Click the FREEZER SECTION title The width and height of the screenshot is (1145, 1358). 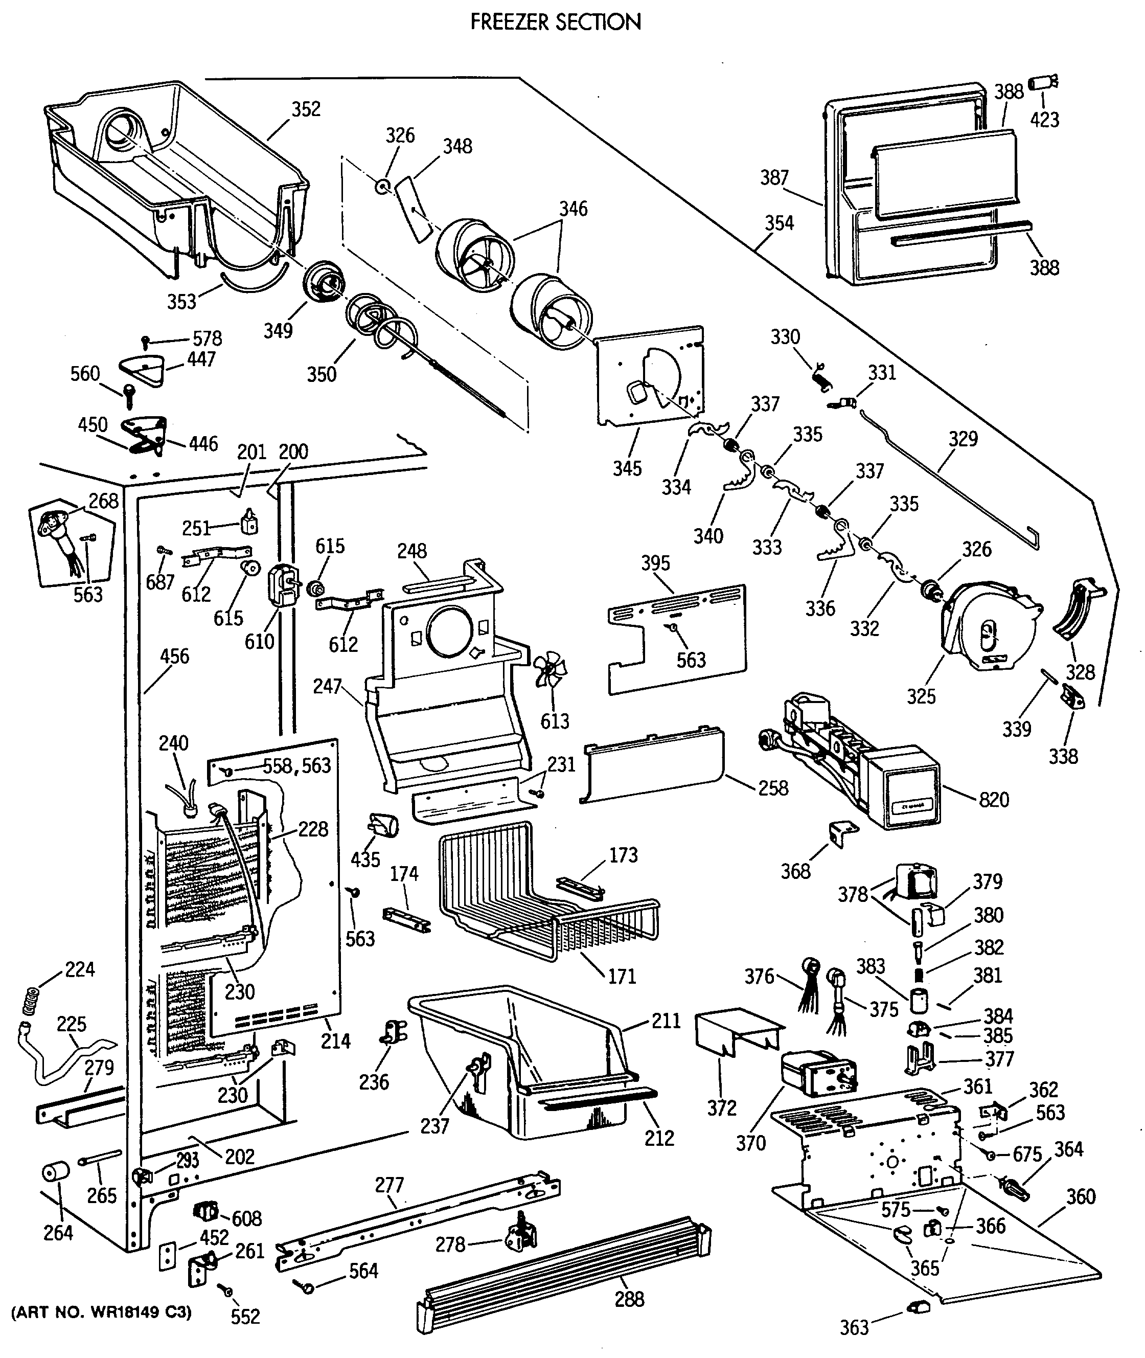(556, 22)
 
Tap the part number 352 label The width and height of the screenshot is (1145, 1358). (306, 108)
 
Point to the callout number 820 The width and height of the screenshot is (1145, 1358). (994, 799)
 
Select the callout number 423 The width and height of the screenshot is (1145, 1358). (1044, 120)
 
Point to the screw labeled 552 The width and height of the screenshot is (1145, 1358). (227, 1291)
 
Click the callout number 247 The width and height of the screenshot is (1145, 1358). (327, 686)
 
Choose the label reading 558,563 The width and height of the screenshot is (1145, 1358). (296, 766)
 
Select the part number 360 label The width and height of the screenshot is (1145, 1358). (1080, 1196)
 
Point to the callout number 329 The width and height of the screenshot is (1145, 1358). (963, 439)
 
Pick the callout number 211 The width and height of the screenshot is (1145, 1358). (666, 1021)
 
